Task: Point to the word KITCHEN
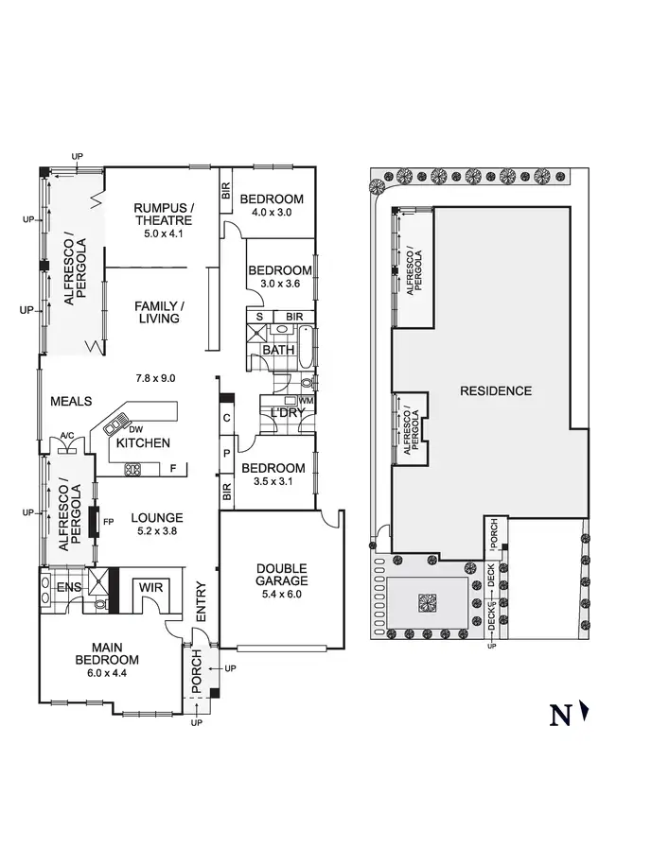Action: [143, 442]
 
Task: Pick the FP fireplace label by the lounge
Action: [108, 521]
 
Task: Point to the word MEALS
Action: [71, 402]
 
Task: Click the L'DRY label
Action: [287, 414]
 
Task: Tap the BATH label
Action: [278, 350]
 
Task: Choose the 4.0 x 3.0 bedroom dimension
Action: [271, 213]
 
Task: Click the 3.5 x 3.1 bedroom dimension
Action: [273, 482]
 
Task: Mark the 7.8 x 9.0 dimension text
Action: [156, 377]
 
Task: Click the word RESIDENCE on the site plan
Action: [496, 390]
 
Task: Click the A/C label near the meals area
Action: [66, 436]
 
